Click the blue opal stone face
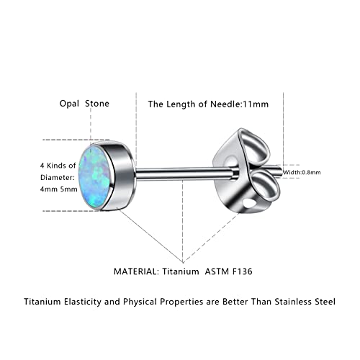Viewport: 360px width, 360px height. (x=94, y=176)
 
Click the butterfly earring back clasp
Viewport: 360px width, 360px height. (x=247, y=171)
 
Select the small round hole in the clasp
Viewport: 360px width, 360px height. (x=250, y=204)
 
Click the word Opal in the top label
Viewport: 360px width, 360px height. (x=69, y=104)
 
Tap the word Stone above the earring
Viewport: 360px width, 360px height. (x=97, y=104)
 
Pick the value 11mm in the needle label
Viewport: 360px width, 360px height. (x=255, y=104)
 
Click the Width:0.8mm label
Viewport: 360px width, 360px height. (x=302, y=172)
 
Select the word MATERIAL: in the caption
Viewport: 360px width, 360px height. (x=136, y=271)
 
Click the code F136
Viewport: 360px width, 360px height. (x=243, y=271)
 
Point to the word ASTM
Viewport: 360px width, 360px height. (x=217, y=271)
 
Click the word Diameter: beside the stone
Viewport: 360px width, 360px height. (x=58, y=178)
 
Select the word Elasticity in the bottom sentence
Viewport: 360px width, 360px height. (x=83, y=302)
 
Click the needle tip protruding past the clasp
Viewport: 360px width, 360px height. (x=282, y=171)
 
